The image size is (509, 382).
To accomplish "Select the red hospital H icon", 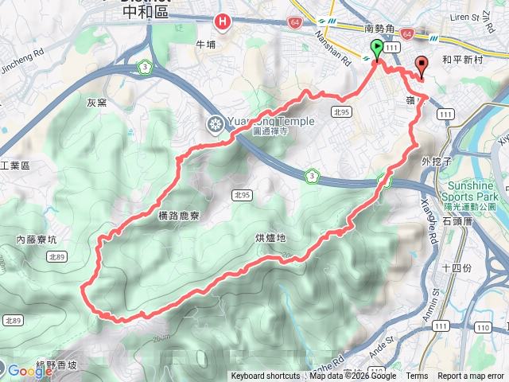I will pyautogui.click(x=224, y=22).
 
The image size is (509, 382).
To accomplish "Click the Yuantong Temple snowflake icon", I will pyautogui.click(x=215, y=123).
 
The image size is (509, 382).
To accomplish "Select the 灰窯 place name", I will pyautogui.click(x=96, y=102).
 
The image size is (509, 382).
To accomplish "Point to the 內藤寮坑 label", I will pyautogui.click(x=37, y=238).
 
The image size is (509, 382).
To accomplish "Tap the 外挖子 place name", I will pyautogui.click(x=437, y=162).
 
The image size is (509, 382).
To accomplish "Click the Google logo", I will pyautogui.click(x=30, y=370).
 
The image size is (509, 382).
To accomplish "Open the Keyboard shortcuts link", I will pyautogui.click(x=266, y=376).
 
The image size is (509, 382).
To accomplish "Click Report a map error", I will pyautogui.click(x=472, y=376).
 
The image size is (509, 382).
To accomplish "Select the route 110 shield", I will pyautogui.click(x=483, y=328).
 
